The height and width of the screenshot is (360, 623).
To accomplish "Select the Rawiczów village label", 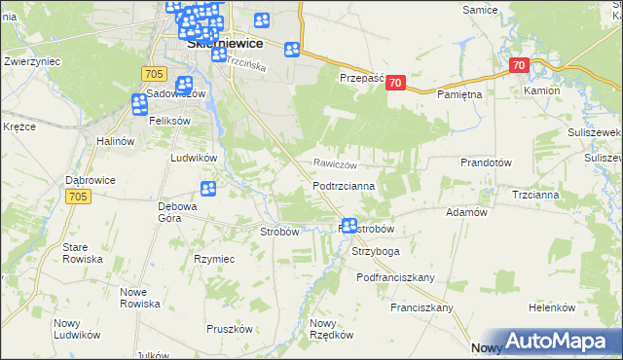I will [337, 164].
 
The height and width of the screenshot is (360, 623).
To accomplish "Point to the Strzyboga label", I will [376, 250].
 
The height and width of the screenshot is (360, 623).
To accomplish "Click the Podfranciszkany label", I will [395, 277].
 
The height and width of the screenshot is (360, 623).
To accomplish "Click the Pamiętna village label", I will [459, 94].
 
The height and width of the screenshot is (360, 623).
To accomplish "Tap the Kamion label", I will [541, 90].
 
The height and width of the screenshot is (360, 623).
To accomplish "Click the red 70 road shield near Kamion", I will [519, 65].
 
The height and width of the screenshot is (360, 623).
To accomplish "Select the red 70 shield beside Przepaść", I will [394, 84].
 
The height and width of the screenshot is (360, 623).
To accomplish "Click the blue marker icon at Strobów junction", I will [348, 226].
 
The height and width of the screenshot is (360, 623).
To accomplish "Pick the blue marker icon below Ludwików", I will [207, 189].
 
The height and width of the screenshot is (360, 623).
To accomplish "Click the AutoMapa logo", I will [559, 341].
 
